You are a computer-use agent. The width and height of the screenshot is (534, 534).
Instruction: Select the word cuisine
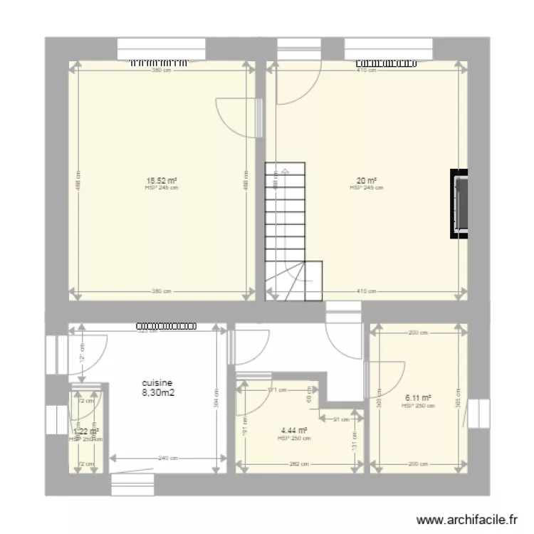pyautogui.click(x=157, y=382)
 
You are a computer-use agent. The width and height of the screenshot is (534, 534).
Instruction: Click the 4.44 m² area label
pyautogui.click(x=294, y=430)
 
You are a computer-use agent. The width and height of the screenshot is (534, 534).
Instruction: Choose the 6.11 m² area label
pyautogui.click(x=418, y=398)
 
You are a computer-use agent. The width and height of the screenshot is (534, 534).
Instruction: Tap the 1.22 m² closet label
pyautogui.click(x=85, y=431)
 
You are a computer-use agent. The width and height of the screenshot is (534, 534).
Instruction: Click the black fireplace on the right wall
pyautogui.click(x=460, y=204)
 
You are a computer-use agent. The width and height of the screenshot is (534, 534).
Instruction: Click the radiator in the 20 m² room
pyautogui.click(x=385, y=63)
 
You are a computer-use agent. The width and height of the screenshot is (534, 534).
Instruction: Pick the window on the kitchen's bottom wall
pyautogui.click(x=133, y=485)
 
